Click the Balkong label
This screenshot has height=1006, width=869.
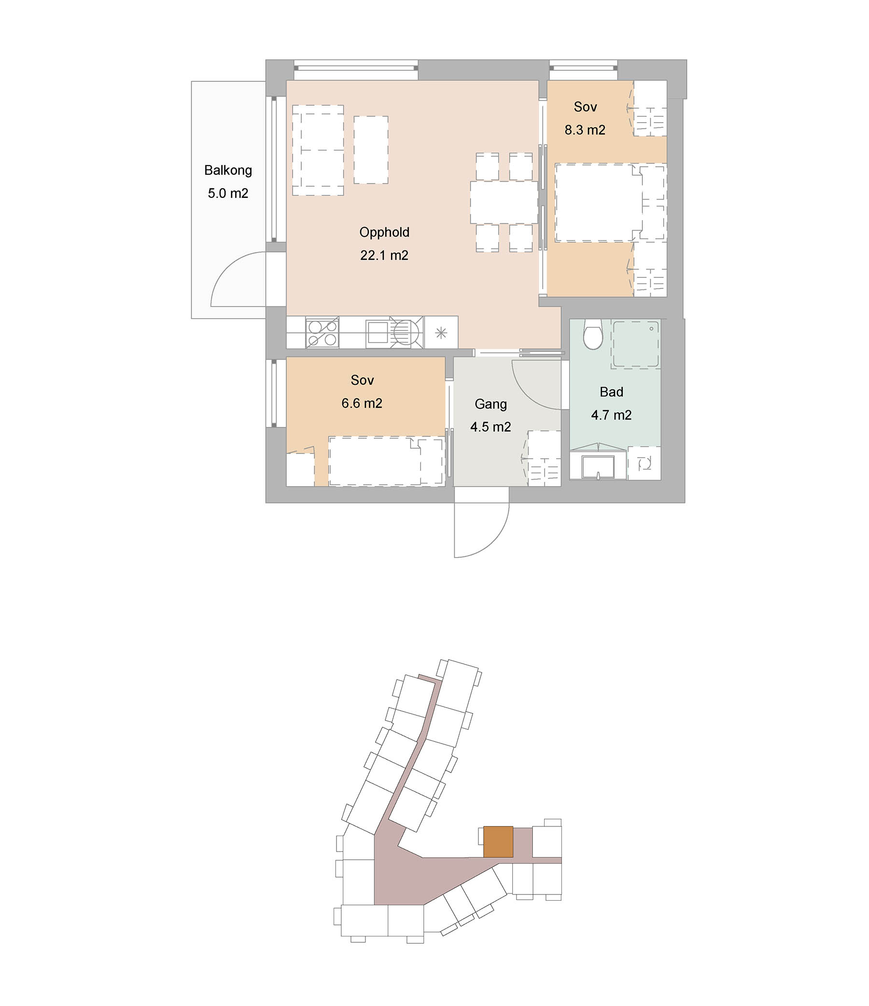(x=228, y=170)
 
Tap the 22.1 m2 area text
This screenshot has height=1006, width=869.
(x=384, y=255)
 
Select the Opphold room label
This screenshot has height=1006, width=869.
(x=384, y=232)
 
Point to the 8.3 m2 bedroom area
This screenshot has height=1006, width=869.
(x=585, y=130)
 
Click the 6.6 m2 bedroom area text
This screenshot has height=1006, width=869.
(x=362, y=403)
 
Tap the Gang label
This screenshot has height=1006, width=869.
(x=491, y=404)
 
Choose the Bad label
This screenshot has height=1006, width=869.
(x=611, y=392)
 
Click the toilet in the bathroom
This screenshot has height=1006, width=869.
(x=593, y=334)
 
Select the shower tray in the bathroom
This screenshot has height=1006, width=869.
(x=635, y=344)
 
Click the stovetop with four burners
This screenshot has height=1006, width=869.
(x=322, y=333)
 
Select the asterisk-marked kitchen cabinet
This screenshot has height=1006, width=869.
(x=441, y=333)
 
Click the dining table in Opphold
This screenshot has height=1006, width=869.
(x=504, y=202)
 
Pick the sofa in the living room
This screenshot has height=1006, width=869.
(x=318, y=151)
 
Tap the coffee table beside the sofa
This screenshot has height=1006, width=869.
(x=371, y=150)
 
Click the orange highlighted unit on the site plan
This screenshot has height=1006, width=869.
(x=498, y=841)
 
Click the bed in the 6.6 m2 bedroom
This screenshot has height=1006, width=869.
(x=386, y=461)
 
